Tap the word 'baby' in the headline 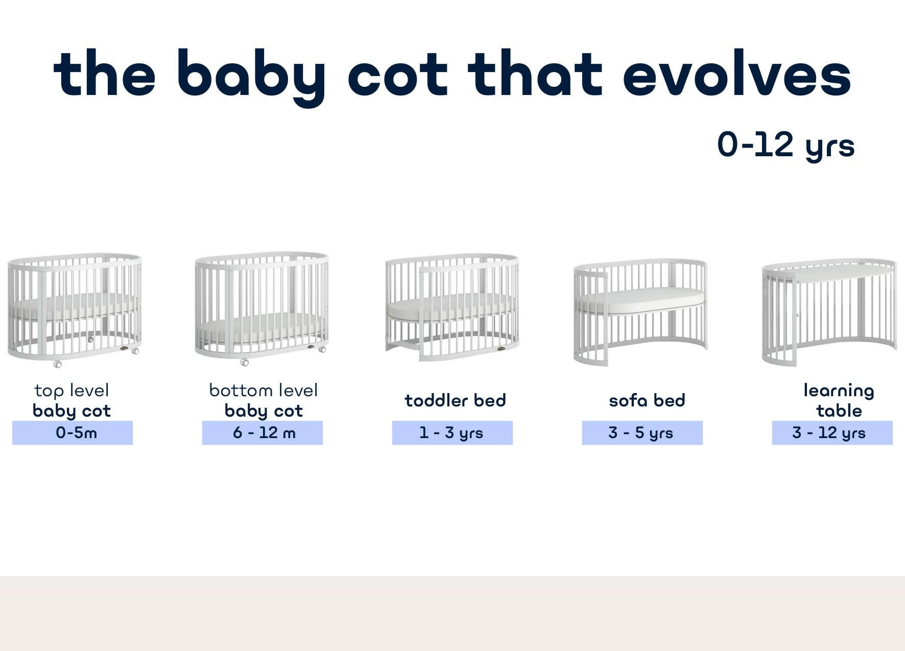[x=252, y=77]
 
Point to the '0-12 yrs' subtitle [x=785, y=145]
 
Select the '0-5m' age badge [x=73, y=432]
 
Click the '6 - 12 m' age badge [x=263, y=432]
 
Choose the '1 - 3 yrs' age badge [x=452, y=432]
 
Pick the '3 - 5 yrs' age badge [x=642, y=432]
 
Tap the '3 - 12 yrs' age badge [x=832, y=432]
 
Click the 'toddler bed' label [x=455, y=400]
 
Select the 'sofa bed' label [x=647, y=400]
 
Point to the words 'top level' [x=72, y=391]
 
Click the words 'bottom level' [x=264, y=391]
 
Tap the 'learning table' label [x=839, y=401]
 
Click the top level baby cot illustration [x=74, y=309]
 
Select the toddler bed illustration [x=452, y=306]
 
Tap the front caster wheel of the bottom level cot [x=245, y=363]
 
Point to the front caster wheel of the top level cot [x=57, y=365]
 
